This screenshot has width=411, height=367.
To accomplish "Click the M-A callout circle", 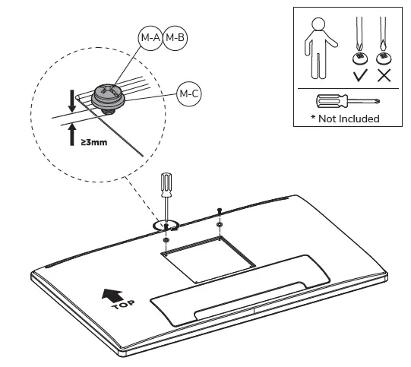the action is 150,38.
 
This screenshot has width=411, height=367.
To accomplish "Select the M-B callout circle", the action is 175,38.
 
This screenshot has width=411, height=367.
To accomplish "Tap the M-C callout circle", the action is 189,94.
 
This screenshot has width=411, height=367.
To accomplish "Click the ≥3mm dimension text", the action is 94,142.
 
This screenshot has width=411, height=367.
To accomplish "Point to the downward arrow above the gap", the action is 72,101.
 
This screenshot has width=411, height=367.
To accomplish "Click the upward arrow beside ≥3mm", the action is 72,134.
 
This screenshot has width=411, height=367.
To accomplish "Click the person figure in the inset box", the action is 319,49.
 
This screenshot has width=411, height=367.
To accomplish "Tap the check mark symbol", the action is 360,75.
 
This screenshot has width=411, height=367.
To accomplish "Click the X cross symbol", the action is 384,75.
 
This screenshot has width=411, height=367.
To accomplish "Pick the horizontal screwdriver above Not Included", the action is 348,101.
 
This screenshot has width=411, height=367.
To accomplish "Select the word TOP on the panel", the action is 123,305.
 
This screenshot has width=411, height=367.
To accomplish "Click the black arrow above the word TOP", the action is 112,296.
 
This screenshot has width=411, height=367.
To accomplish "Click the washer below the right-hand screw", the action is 220,225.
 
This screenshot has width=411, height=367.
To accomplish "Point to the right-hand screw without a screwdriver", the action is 220,211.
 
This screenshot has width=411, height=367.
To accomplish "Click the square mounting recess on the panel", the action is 208,259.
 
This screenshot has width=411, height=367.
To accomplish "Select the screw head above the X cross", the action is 384,58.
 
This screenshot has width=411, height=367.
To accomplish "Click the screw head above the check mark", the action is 360,58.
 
